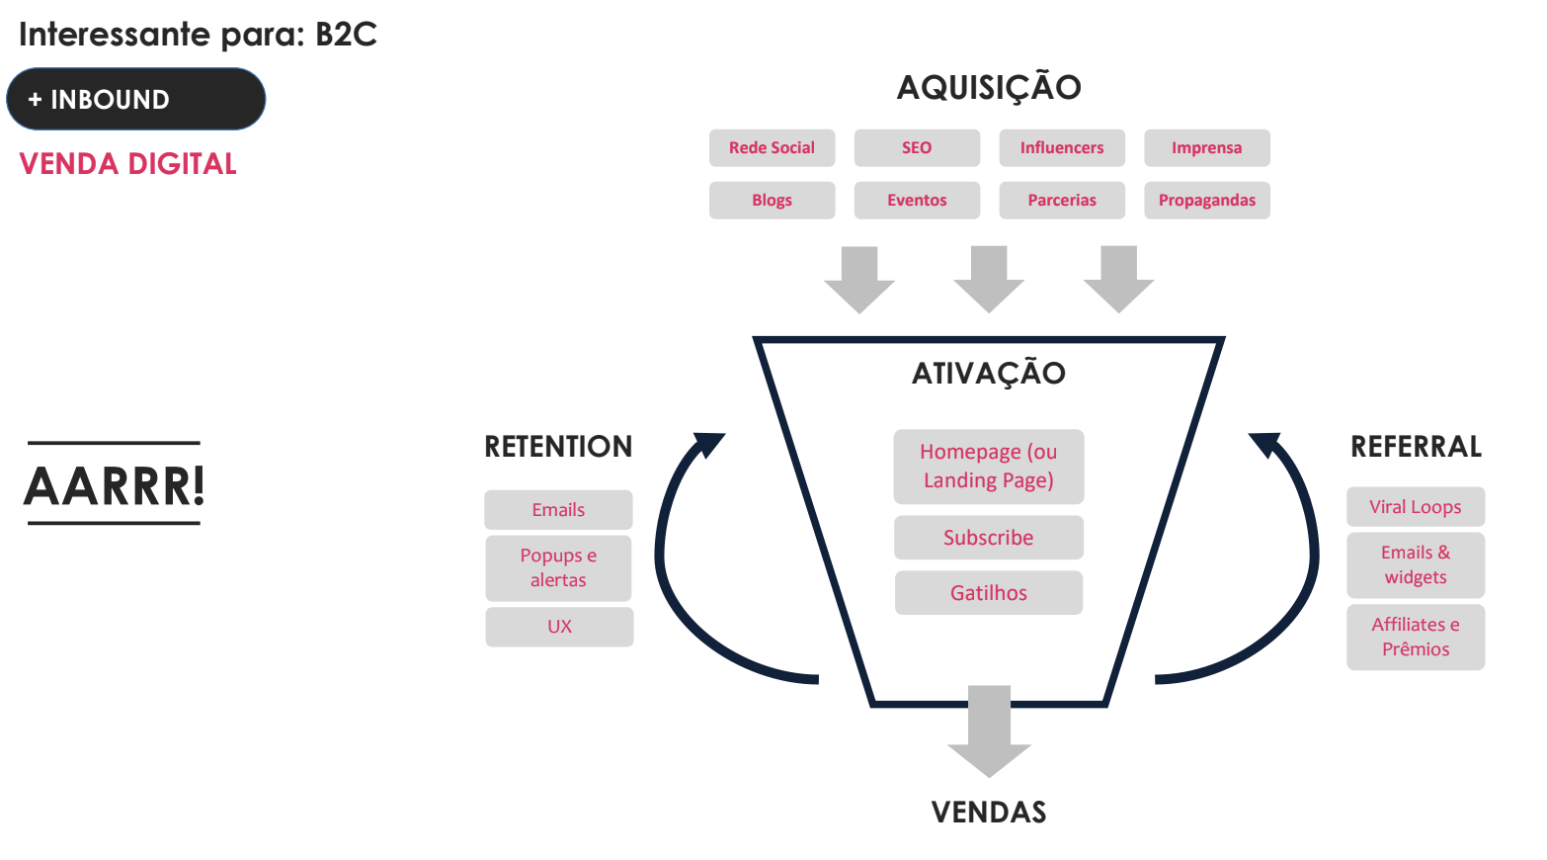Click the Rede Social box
(x=772, y=148)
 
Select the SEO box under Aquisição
(x=917, y=148)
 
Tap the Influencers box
(x=1062, y=148)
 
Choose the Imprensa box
(x=1206, y=148)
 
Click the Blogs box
(x=772, y=201)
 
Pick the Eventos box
(x=917, y=201)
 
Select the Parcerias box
(x=1062, y=201)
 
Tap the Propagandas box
(x=1206, y=201)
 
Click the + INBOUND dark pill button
(x=136, y=99)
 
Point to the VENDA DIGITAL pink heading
(x=128, y=164)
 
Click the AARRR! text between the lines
(x=115, y=485)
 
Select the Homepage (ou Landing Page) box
(x=989, y=467)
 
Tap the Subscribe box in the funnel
(x=989, y=538)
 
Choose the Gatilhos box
(x=989, y=593)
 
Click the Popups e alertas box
(x=558, y=568)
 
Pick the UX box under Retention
(x=559, y=627)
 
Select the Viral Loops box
(x=1415, y=507)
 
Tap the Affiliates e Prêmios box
(x=1415, y=637)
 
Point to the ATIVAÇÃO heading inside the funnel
(x=989, y=374)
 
